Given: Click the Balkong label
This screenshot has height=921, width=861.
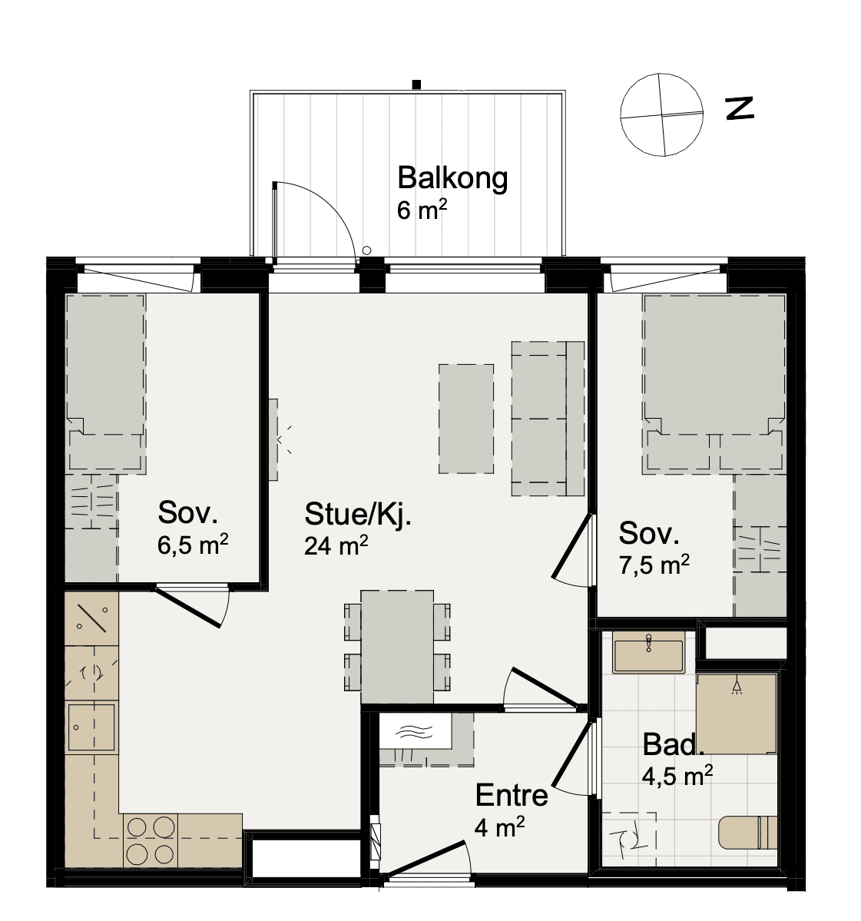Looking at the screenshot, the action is tap(452, 178).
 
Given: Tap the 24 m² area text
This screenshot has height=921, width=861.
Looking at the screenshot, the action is tap(336, 545).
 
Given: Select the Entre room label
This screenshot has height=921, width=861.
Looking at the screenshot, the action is tap(512, 795).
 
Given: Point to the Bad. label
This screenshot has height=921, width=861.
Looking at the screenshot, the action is tap(673, 745).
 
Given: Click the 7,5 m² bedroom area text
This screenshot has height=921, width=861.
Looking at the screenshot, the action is tap(654, 565).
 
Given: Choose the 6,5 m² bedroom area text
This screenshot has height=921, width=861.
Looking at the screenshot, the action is tap(192, 545).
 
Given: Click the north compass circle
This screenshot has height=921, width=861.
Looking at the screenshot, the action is tap(661, 114).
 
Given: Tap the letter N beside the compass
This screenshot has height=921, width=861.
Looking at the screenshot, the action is tap(740, 108).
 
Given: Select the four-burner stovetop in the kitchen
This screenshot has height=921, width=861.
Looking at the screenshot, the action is tap(151, 840).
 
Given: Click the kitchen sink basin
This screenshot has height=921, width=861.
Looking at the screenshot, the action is tap(91, 727).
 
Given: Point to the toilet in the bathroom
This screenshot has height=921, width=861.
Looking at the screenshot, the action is tap(747, 833).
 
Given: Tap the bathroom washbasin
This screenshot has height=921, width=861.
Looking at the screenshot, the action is tap(648, 652).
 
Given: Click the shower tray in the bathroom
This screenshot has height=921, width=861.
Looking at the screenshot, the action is tap(737, 714).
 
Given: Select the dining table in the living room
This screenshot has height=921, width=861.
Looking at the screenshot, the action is tap(397, 647).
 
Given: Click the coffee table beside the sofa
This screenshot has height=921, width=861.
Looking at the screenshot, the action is tap(466, 419).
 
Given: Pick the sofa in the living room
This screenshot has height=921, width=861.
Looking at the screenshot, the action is tap(548, 419).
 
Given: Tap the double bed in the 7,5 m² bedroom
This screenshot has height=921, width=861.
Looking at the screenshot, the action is tap(714, 384).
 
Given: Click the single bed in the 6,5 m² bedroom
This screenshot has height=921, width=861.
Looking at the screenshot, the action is tap(106, 384).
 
